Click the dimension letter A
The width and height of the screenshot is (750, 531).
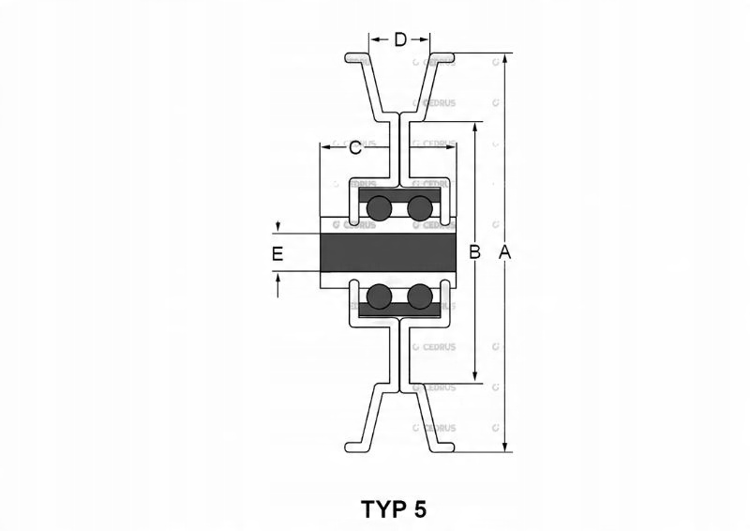[505, 252]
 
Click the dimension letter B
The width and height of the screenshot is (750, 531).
[475, 252]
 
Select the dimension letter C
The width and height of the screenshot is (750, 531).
[355, 147]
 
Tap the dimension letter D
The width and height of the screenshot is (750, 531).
[399, 39]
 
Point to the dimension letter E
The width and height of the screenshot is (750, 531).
[277, 253]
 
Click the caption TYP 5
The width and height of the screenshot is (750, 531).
[394, 509]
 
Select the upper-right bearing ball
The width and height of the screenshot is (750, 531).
[419, 207]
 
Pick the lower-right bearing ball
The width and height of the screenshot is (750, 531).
[419, 297]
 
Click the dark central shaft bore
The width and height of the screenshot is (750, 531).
[387, 252]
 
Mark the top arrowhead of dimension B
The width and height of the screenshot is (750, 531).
[475, 127]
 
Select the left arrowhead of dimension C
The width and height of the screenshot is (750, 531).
[325, 147]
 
